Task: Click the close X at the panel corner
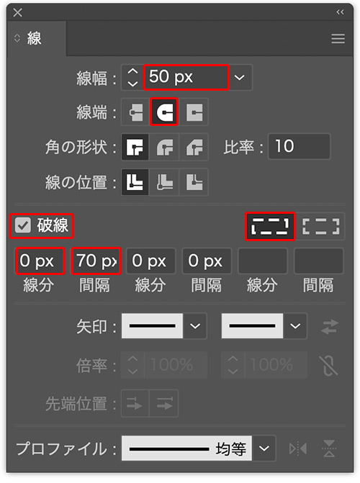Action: point(17,12)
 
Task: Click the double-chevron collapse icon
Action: point(340,12)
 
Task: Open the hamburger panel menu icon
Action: point(338,39)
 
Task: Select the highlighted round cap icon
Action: point(164,112)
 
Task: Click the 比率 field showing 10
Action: point(299,146)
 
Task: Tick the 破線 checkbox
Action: point(23,225)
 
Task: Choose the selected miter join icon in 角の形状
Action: point(135,147)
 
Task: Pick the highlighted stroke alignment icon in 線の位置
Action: point(135,181)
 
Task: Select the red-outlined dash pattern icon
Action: point(270,226)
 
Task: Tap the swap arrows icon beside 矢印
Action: point(330,326)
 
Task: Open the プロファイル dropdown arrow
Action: point(264,448)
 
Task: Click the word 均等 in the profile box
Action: point(230,448)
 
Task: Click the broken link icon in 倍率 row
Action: point(328,366)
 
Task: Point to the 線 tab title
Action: point(34,38)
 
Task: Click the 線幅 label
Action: point(91,78)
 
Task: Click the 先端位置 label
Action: point(76,404)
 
